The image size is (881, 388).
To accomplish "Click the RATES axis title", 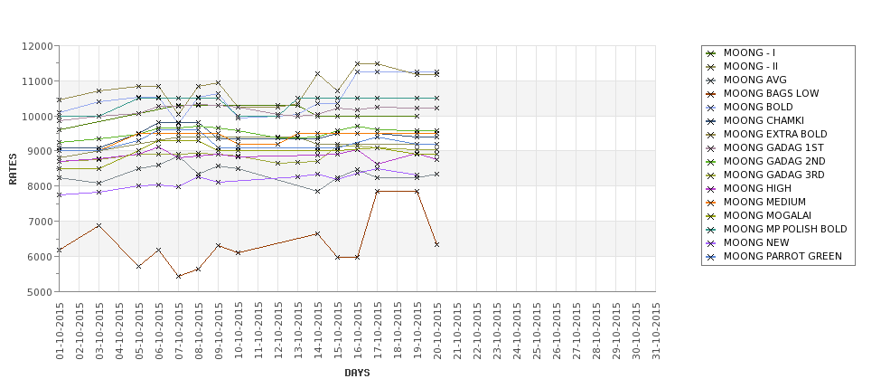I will [x=13, y=168].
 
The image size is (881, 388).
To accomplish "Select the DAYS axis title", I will [x=357, y=373].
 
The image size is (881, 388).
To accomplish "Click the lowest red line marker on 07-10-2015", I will [x=179, y=276].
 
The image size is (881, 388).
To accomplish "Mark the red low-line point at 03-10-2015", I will [x=99, y=225].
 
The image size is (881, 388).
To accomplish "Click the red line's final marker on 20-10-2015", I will [x=437, y=244].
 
